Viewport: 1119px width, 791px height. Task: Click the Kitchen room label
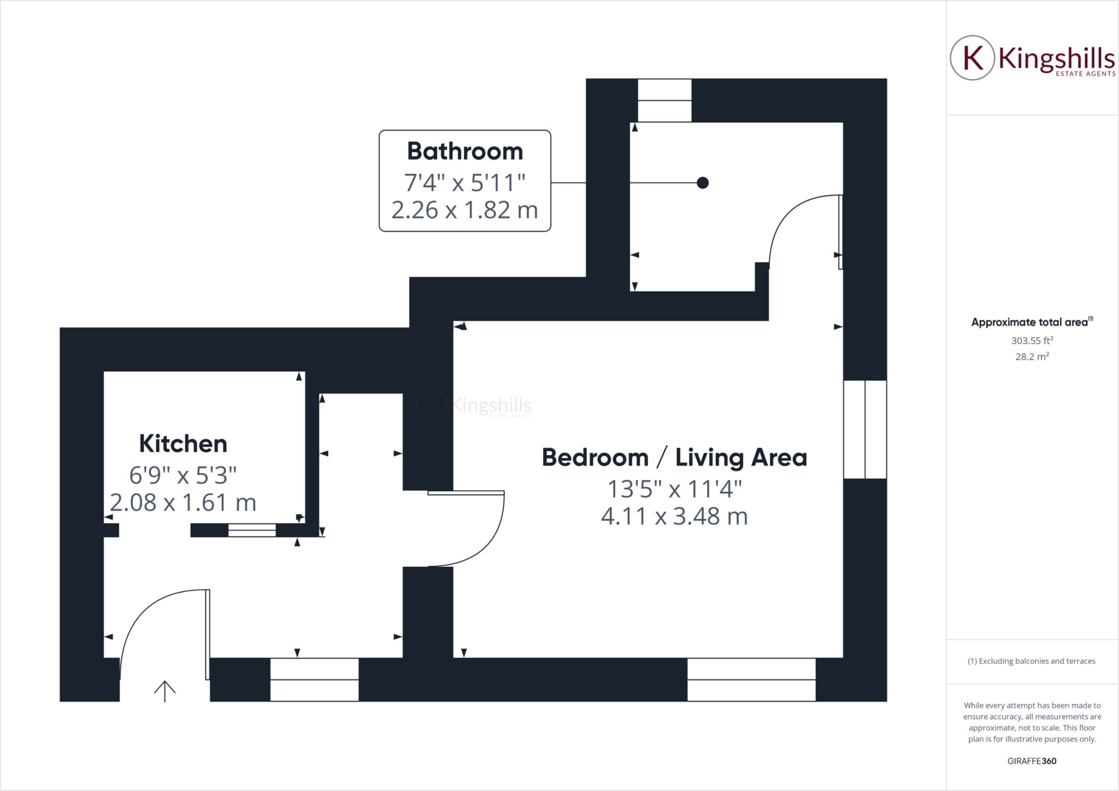[183, 444]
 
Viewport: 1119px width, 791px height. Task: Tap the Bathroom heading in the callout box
[465, 151]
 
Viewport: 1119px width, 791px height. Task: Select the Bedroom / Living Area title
[674, 458]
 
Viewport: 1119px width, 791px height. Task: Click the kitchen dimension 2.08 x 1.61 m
[183, 503]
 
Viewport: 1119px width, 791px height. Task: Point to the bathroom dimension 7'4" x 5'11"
[465, 182]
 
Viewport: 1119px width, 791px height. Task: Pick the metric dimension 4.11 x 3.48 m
[674, 516]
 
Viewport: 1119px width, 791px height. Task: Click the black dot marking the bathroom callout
[703, 182]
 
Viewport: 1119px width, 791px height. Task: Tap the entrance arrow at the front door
[164, 691]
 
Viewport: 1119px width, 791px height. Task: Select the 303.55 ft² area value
[1032, 340]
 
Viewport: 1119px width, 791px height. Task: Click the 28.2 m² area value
[1032, 357]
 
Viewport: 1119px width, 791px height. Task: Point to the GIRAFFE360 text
[1032, 761]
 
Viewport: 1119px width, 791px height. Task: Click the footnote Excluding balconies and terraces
[1032, 661]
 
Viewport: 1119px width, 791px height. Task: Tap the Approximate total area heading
[1032, 322]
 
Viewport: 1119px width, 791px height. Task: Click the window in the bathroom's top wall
[665, 101]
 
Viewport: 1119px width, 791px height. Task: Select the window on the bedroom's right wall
[865, 429]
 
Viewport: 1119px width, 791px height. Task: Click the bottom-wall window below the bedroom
[751, 680]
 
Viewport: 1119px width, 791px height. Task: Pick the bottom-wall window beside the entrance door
[315, 680]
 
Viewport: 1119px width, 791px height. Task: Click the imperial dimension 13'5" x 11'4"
[674, 489]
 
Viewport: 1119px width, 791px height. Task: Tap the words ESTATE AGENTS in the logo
[1085, 73]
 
